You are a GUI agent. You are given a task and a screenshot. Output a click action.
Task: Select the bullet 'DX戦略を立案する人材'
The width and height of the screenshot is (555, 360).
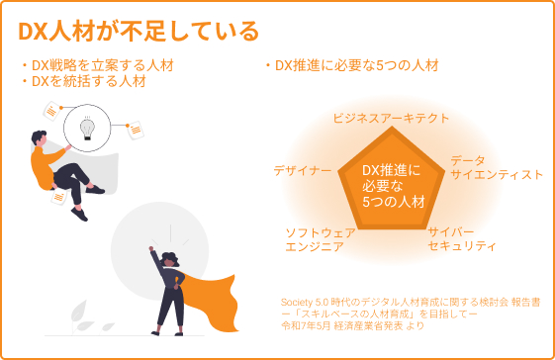pos(90,65)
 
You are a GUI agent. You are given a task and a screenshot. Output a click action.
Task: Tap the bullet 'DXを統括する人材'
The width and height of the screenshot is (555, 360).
pos(83,81)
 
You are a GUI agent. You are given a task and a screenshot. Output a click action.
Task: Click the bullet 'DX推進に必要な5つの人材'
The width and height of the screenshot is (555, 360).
pos(351,65)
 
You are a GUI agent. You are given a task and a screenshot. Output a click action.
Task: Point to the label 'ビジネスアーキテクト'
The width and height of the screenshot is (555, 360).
pos(391,118)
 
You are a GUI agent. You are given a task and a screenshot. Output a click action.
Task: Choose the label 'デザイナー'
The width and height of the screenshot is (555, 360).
pos(302,171)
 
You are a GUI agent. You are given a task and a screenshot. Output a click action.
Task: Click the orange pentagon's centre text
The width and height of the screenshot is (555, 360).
pos(392,185)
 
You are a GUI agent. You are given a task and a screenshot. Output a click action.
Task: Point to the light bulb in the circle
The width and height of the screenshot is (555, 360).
pos(87,128)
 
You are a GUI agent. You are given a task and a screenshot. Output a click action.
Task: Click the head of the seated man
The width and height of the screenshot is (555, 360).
pos(40,137)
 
